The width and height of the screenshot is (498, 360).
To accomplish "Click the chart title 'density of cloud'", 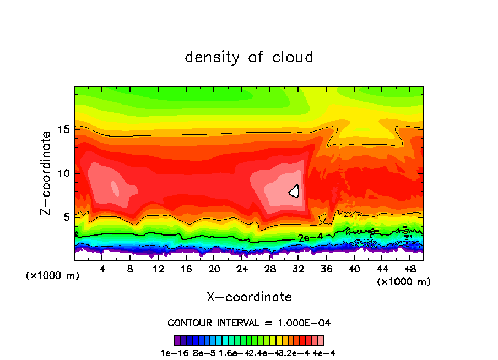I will (x=249, y=57).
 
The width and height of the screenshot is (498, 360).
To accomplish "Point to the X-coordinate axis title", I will (x=249, y=297).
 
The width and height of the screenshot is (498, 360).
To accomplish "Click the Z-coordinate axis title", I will (x=46, y=172).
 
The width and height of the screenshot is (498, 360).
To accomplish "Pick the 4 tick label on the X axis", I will (x=102, y=269).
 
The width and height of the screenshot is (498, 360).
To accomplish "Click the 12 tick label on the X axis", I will (x=158, y=269).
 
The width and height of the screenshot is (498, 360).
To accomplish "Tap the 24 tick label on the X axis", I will (x=242, y=269).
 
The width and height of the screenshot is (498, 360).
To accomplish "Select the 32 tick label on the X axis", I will (x=297, y=269).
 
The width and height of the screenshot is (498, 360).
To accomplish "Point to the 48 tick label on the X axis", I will (x=409, y=269).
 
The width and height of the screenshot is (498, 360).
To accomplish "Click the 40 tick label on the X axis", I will (x=354, y=269).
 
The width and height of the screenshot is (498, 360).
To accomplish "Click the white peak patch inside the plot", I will (x=295, y=191).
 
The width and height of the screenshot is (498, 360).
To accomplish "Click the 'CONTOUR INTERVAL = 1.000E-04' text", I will (x=249, y=323).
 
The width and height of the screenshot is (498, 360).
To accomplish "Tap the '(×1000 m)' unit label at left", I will (x=52, y=276).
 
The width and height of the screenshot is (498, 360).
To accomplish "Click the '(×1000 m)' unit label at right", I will (x=403, y=282).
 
